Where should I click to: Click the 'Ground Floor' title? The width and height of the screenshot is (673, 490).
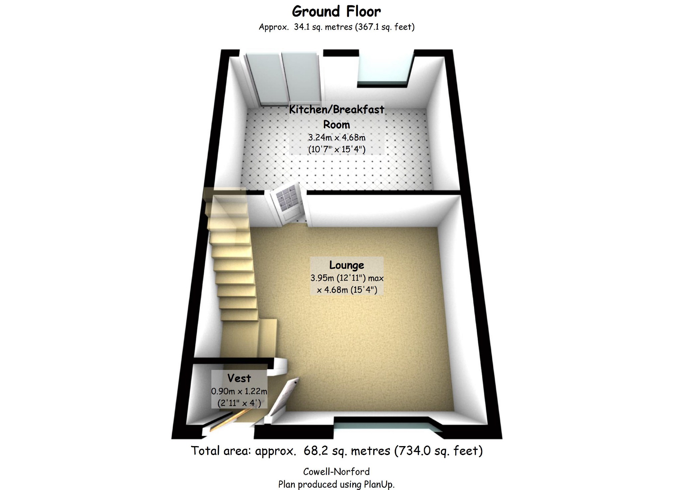(x=336, y=12)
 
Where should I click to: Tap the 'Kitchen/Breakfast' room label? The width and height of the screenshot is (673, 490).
(x=337, y=109)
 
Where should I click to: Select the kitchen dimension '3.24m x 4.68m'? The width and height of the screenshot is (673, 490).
(x=337, y=137)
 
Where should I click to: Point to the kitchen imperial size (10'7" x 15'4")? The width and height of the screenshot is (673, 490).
(x=337, y=149)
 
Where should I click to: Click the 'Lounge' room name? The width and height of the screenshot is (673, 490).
(x=347, y=265)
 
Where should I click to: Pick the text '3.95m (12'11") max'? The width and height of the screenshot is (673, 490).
(x=347, y=278)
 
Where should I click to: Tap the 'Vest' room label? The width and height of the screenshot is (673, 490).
(x=239, y=378)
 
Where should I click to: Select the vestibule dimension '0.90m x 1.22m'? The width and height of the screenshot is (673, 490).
(x=239, y=392)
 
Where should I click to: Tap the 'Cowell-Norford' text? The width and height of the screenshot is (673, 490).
(x=336, y=472)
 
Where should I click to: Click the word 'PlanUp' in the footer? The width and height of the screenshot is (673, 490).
(x=378, y=484)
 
